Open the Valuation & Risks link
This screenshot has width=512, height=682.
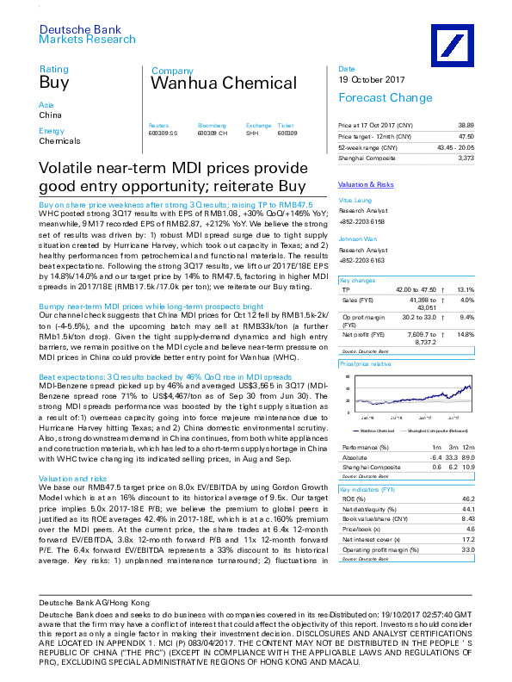click(x=365, y=185)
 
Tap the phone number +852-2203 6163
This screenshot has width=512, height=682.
click(x=362, y=261)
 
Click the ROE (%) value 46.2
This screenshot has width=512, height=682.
click(x=467, y=499)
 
